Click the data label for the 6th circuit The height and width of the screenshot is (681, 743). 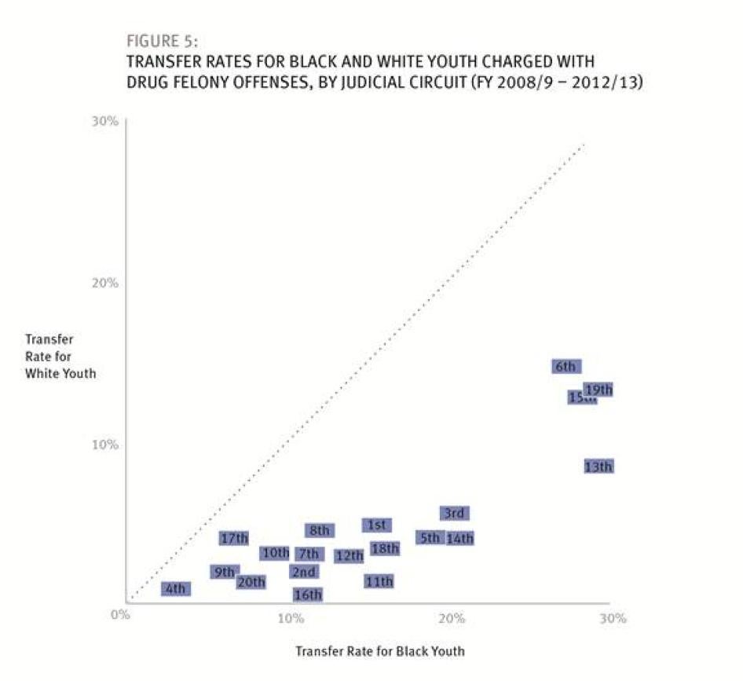coord(565,367)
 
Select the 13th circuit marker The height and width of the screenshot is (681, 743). coord(598,467)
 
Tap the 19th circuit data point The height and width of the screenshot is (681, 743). coord(598,390)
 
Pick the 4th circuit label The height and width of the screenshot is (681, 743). coord(175,589)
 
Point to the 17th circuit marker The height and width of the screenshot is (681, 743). coord(234,539)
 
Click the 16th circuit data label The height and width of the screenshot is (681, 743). coord(307,595)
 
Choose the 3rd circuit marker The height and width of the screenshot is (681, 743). coord(454,514)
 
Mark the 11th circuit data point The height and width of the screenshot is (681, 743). coord(379,582)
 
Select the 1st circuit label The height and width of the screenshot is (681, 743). coord(376,525)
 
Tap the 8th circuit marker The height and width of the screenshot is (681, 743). coord(319,531)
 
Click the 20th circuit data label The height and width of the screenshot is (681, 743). coord(251,582)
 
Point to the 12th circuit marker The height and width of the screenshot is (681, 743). coord(349,556)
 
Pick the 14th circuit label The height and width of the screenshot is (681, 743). coord(459,539)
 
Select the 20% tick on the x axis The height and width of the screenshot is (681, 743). coord(452,618)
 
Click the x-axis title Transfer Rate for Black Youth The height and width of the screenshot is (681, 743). coord(379,651)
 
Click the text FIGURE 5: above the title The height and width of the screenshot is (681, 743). coord(162,42)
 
